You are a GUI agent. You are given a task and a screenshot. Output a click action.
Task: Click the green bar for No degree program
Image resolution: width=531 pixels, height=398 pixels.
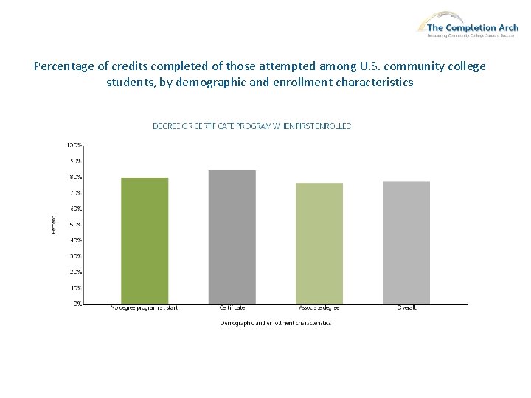pyautogui.click(x=145, y=240)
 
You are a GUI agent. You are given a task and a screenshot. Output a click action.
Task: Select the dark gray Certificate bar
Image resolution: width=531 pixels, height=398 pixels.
pyautogui.click(x=232, y=237)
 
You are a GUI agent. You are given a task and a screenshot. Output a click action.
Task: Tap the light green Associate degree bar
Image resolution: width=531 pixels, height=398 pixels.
pyautogui.click(x=319, y=243)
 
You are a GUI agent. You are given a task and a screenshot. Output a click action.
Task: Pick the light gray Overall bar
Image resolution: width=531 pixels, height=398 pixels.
pyautogui.click(x=406, y=242)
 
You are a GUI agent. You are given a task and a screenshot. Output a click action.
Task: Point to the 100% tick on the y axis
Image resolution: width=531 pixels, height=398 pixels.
pyautogui.click(x=75, y=145)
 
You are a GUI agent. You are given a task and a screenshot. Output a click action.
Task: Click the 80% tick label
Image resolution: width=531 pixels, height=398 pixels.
pyautogui.click(x=76, y=177)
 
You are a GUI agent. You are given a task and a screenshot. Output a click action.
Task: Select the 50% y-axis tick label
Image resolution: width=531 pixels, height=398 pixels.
pyautogui.click(x=76, y=224)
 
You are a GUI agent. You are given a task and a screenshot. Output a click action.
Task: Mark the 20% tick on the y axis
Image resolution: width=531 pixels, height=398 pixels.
pyautogui.click(x=76, y=272)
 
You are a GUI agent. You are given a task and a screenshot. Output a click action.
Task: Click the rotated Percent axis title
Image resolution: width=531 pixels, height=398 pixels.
pyautogui.click(x=53, y=224)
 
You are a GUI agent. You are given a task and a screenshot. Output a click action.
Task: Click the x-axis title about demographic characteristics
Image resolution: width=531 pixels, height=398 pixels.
pyautogui.click(x=275, y=323)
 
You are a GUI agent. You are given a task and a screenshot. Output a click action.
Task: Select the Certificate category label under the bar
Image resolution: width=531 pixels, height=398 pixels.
pyautogui.click(x=232, y=307)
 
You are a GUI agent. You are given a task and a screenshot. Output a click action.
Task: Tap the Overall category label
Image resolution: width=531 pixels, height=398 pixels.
pyautogui.click(x=406, y=307)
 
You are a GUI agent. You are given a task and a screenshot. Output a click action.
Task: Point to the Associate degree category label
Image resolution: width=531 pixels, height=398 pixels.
pyautogui.click(x=319, y=307)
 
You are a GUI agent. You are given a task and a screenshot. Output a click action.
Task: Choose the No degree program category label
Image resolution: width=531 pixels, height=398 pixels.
pyautogui.click(x=145, y=307)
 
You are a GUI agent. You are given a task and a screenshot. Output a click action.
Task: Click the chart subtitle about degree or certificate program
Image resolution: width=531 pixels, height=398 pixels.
pyautogui.click(x=251, y=126)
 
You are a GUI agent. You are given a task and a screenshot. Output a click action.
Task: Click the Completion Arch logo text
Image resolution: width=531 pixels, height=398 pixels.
pyautogui.click(x=473, y=28)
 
